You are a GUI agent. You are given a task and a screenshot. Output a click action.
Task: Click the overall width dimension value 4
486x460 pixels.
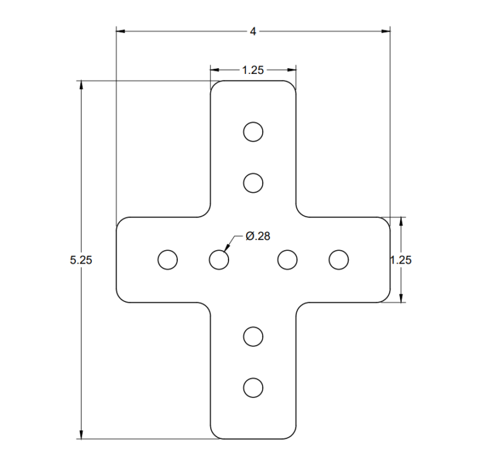pos(253,31)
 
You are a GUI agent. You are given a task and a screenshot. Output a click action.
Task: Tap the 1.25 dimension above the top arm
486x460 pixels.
pos(253,70)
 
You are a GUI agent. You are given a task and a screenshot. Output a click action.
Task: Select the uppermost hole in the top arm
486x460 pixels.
pos(253,131)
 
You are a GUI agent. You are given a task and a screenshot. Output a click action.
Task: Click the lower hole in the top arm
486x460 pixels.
pos(253,183)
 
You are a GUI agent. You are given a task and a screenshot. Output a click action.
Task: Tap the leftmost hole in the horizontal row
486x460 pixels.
pos(168,260)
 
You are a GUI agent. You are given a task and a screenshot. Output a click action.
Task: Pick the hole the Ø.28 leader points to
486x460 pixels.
pos(219,260)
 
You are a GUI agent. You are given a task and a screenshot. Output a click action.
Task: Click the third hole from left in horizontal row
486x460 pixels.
pos(287,260)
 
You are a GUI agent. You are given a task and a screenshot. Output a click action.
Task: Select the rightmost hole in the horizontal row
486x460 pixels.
pos(339,260)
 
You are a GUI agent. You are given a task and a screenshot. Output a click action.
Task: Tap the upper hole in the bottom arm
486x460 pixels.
pos(253,336)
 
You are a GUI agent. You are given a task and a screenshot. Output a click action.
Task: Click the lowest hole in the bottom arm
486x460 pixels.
pos(253,387)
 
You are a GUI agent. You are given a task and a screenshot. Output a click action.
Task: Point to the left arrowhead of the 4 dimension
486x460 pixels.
pos(120,30)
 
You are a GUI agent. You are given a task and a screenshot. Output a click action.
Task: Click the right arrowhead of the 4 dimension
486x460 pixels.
pos(385,30)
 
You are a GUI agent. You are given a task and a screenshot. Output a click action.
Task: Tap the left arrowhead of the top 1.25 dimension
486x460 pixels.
pos(214,70)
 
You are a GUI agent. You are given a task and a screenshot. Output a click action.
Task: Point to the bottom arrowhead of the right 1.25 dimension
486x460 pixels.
pos(402,298)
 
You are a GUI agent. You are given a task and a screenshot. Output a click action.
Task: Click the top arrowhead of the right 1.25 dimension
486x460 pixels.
pos(402,221)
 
